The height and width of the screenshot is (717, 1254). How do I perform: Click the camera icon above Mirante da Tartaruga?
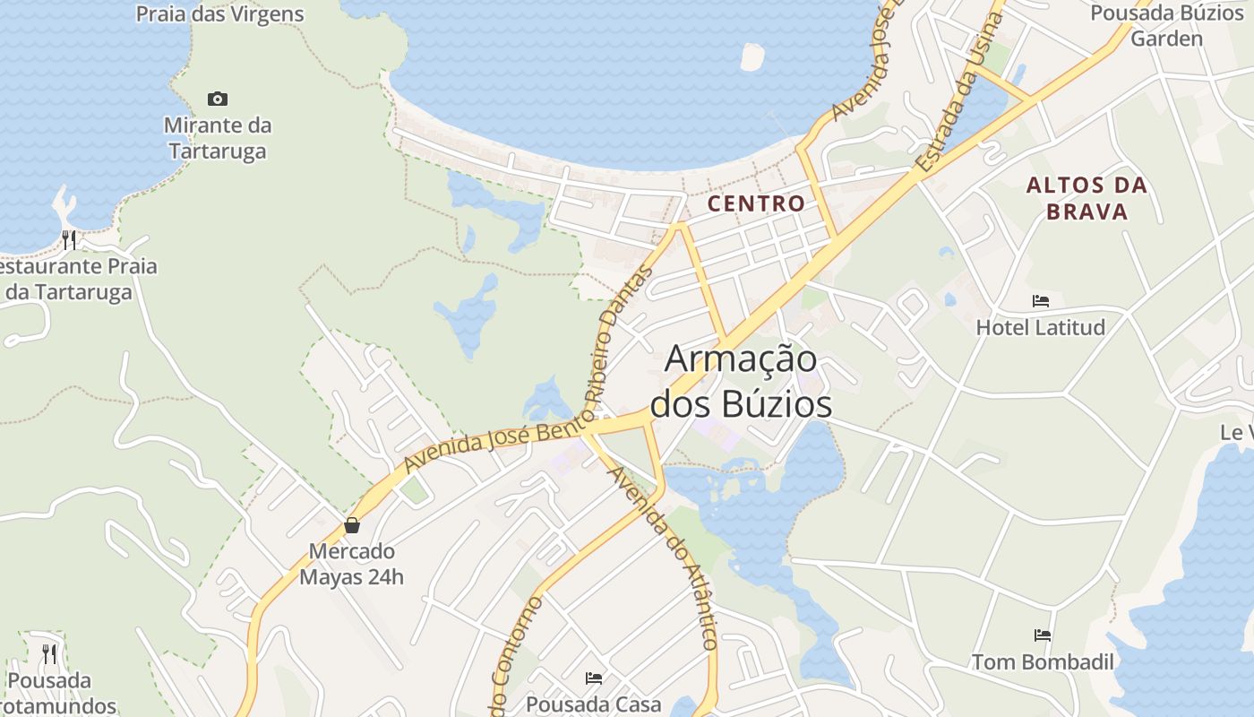[x=217, y=99]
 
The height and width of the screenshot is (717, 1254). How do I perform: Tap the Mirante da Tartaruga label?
[x=218, y=138]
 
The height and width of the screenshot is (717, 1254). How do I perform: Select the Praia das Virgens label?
[x=219, y=14]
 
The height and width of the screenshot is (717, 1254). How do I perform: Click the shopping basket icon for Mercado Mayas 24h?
[x=352, y=525]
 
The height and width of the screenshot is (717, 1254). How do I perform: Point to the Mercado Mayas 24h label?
[x=351, y=564]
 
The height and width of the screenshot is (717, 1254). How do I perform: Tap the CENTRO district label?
[x=756, y=203]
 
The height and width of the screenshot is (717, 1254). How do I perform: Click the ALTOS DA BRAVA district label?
[x=1087, y=199]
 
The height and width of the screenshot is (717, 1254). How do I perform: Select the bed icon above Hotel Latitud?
[x=1041, y=301]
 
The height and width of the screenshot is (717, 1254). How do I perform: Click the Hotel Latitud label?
[x=1041, y=327]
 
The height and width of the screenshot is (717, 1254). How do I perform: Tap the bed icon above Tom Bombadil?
[x=1043, y=635]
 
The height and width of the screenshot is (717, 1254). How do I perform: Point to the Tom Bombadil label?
[x=1044, y=662]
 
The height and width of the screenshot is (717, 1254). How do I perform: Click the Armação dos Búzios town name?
[x=741, y=382]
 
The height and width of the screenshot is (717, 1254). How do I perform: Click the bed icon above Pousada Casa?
[x=594, y=678]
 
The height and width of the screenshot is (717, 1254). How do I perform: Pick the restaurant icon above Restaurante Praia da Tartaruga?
[x=69, y=239]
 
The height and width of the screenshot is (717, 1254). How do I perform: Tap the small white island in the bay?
[x=752, y=56]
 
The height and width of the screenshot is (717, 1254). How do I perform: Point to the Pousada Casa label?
[x=593, y=704]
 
